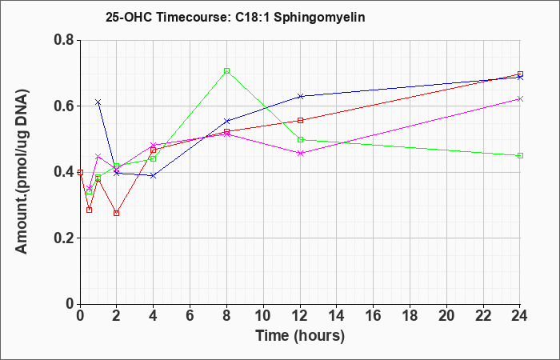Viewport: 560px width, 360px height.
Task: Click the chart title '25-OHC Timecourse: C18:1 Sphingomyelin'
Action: tap(235, 17)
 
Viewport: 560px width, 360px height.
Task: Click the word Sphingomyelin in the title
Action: tap(319, 17)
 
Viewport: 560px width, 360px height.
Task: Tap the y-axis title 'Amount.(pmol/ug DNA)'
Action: tap(22, 172)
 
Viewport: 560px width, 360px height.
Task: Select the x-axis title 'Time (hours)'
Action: tap(300, 336)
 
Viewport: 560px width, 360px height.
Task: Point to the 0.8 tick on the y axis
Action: tap(66, 40)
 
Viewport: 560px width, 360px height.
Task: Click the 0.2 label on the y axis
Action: tap(66, 238)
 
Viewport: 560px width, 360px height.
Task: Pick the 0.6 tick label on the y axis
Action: tap(66, 106)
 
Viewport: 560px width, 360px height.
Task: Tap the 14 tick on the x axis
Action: tap(337, 316)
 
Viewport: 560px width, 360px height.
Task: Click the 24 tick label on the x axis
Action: tap(520, 316)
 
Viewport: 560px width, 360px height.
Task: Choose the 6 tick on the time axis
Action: tap(190, 316)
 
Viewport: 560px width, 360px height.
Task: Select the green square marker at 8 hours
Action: tap(226, 70)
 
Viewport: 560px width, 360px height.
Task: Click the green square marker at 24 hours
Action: tap(520, 156)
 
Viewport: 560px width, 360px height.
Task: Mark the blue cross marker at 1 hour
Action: tap(98, 102)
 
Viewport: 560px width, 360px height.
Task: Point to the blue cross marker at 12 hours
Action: tap(300, 96)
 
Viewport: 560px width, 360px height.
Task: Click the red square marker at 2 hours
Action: tap(117, 214)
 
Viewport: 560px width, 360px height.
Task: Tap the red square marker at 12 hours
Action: tap(300, 120)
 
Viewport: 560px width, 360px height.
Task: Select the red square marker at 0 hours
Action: tap(80, 173)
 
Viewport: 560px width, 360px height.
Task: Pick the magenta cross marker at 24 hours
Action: tap(520, 99)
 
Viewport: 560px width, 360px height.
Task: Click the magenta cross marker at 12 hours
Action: tap(300, 154)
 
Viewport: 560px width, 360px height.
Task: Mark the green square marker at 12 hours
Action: tap(300, 140)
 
